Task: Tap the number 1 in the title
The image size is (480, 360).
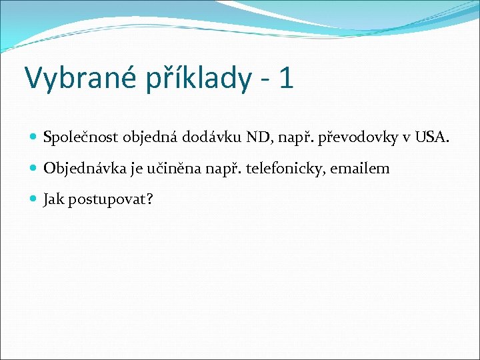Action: (x=286, y=77)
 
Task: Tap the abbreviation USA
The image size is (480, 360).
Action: (x=431, y=139)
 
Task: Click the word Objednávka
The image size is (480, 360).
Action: (x=85, y=169)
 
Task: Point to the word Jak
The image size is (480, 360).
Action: (x=54, y=199)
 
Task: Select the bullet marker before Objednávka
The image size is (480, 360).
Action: (x=34, y=169)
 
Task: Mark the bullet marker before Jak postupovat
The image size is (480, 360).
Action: (x=34, y=199)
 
